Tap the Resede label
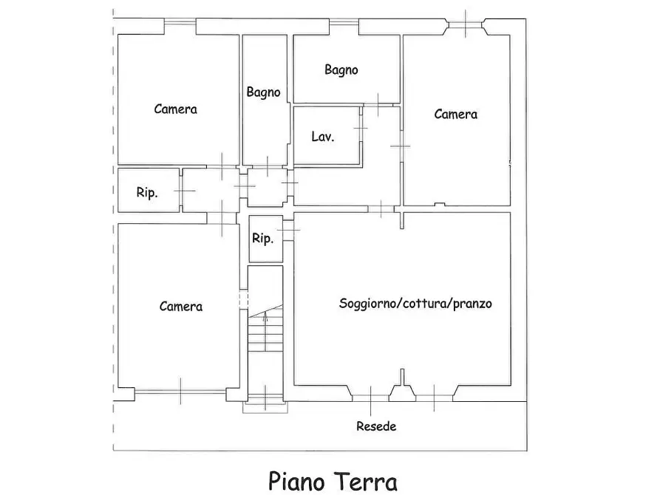pyautogui.click(x=376, y=426)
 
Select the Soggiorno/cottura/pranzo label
pyautogui.click(x=415, y=303)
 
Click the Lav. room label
pyautogui.click(x=322, y=137)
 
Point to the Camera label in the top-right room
pyautogui.click(x=455, y=114)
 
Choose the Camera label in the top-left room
pyautogui.click(x=175, y=109)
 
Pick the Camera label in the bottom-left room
pyautogui.click(x=181, y=306)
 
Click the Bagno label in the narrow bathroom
pyautogui.click(x=263, y=92)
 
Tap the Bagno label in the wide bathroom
pyautogui.click(x=341, y=69)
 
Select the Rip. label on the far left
pyautogui.click(x=146, y=193)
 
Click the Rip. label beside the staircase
pyautogui.click(x=262, y=239)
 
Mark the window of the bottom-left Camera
pyautogui.click(x=180, y=391)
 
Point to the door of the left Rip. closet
pyautogui.click(x=181, y=191)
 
